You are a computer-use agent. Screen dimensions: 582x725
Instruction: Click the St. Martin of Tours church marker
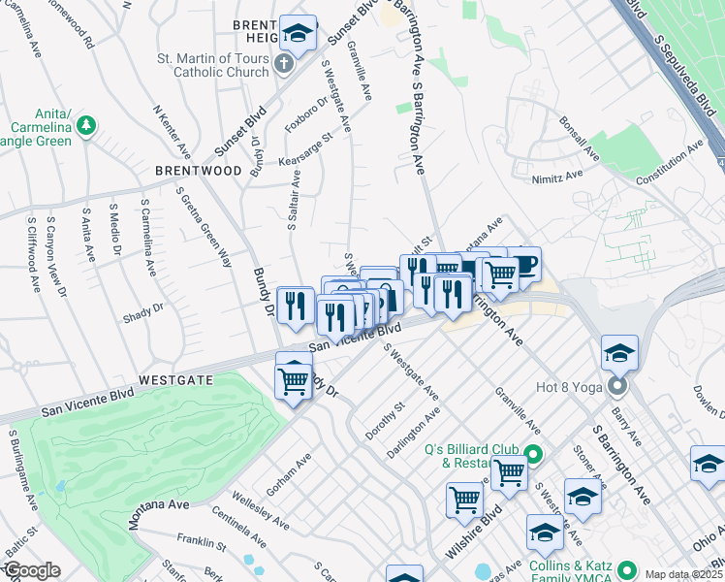(x=283, y=65)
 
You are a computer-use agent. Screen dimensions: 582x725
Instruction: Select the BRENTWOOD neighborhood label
(x=198, y=171)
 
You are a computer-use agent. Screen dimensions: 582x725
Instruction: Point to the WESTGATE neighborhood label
(x=175, y=380)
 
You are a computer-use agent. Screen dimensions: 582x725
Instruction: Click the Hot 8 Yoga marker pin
(x=618, y=388)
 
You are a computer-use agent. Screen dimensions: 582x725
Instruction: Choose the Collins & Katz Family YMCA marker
(x=627, y=569)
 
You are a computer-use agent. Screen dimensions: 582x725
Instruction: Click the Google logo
(x=31, y=571)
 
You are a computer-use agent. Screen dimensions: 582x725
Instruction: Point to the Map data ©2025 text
(x=683, y=574)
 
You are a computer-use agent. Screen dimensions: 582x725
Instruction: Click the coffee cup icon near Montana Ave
(x=524, y=263)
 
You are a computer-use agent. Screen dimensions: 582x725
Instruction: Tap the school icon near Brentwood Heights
(x=299, y=33)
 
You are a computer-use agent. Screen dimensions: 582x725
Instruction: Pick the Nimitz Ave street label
(x=557, y=177)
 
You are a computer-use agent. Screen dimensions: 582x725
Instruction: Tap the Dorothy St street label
(x=385, y=422)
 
